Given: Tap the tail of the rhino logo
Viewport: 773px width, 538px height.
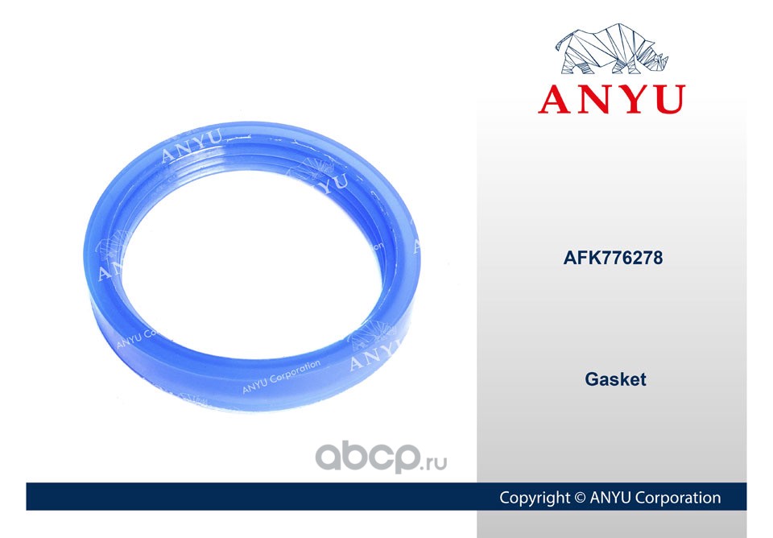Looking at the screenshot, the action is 560,43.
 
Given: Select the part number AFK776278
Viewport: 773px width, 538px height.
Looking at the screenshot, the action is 613,258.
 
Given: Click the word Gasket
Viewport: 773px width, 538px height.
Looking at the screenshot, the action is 615,379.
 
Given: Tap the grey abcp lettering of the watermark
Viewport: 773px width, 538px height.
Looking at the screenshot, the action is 367,457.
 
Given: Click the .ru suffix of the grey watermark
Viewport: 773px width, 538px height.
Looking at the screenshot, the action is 434,463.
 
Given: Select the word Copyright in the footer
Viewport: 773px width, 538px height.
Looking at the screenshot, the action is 535,498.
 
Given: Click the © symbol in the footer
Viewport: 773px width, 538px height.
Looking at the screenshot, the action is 580,498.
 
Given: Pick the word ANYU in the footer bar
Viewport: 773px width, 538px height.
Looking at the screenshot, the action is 610,498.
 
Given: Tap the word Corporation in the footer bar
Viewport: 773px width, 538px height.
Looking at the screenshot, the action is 678,498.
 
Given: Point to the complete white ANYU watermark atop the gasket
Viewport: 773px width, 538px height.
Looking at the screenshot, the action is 192,145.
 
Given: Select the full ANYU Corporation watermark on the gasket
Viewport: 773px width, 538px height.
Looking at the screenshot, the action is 281,376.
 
